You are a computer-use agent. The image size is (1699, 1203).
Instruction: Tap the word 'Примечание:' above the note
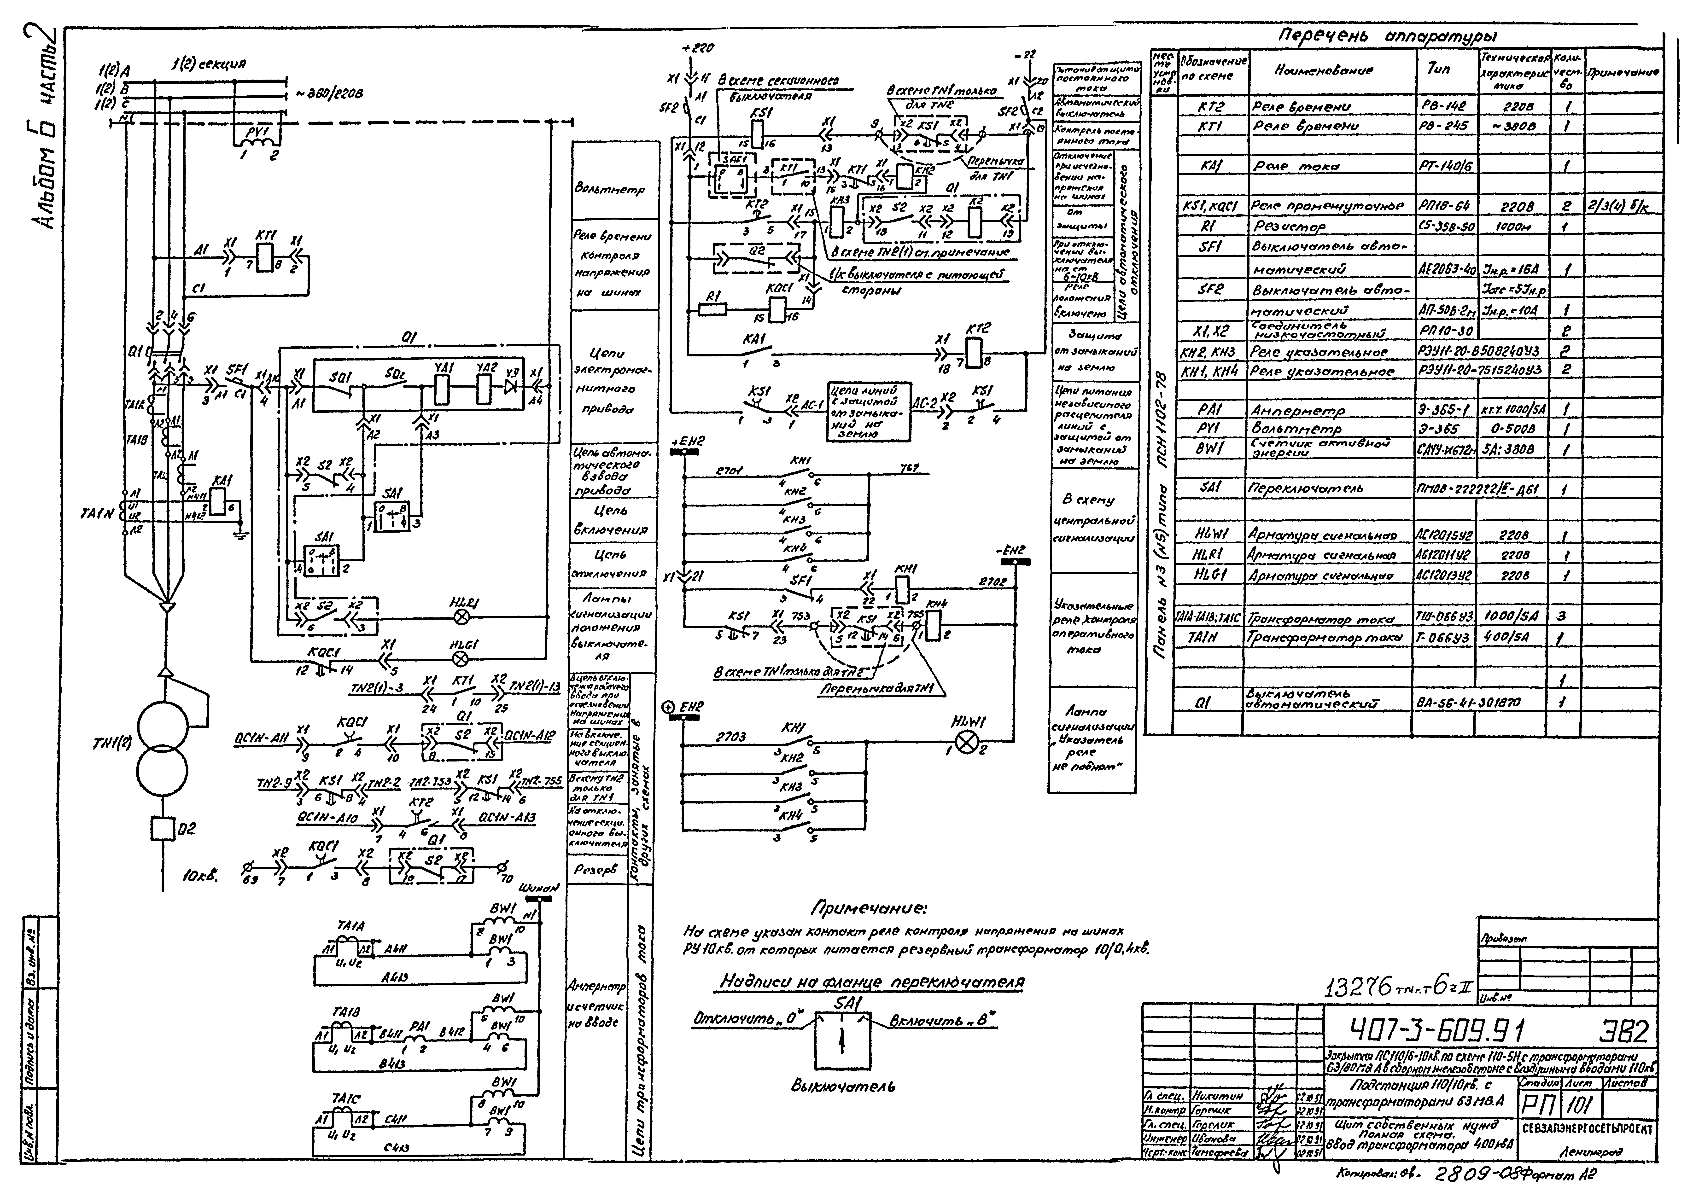tap(868, 908)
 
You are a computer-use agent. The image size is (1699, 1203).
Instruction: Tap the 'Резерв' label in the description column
tap(595, 870)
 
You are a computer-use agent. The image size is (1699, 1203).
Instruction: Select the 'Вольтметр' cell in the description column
tap(609, 190)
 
